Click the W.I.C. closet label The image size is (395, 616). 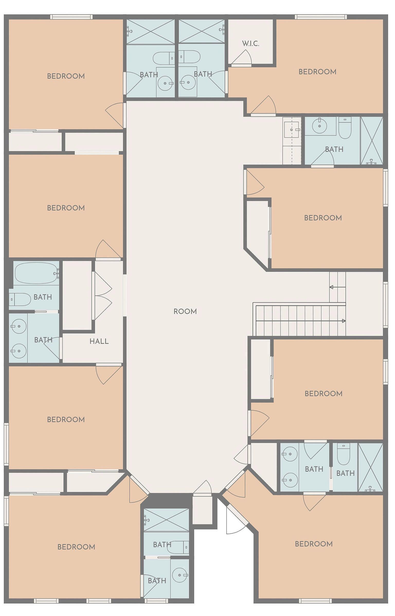[x=250, y=44]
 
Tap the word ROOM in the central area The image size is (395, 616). [x=185, y=311]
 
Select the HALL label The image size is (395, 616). [x=99, y=341]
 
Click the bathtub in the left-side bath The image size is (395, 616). [x=36, y=273]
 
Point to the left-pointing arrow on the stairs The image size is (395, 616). [x=338, y=287]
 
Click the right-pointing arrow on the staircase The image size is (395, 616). [x=301, y=321]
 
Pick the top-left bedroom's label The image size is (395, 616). [x=66, y=76]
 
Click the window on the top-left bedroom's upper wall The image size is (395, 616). [x=71, y=17]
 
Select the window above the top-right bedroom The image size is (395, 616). [x=321, y=17]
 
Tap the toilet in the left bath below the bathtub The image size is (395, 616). [x=20, y=299]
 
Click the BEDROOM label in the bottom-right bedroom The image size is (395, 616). [x=314, y=544]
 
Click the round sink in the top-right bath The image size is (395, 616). [x=319, y=126]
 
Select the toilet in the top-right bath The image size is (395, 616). [x=345, y=128]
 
